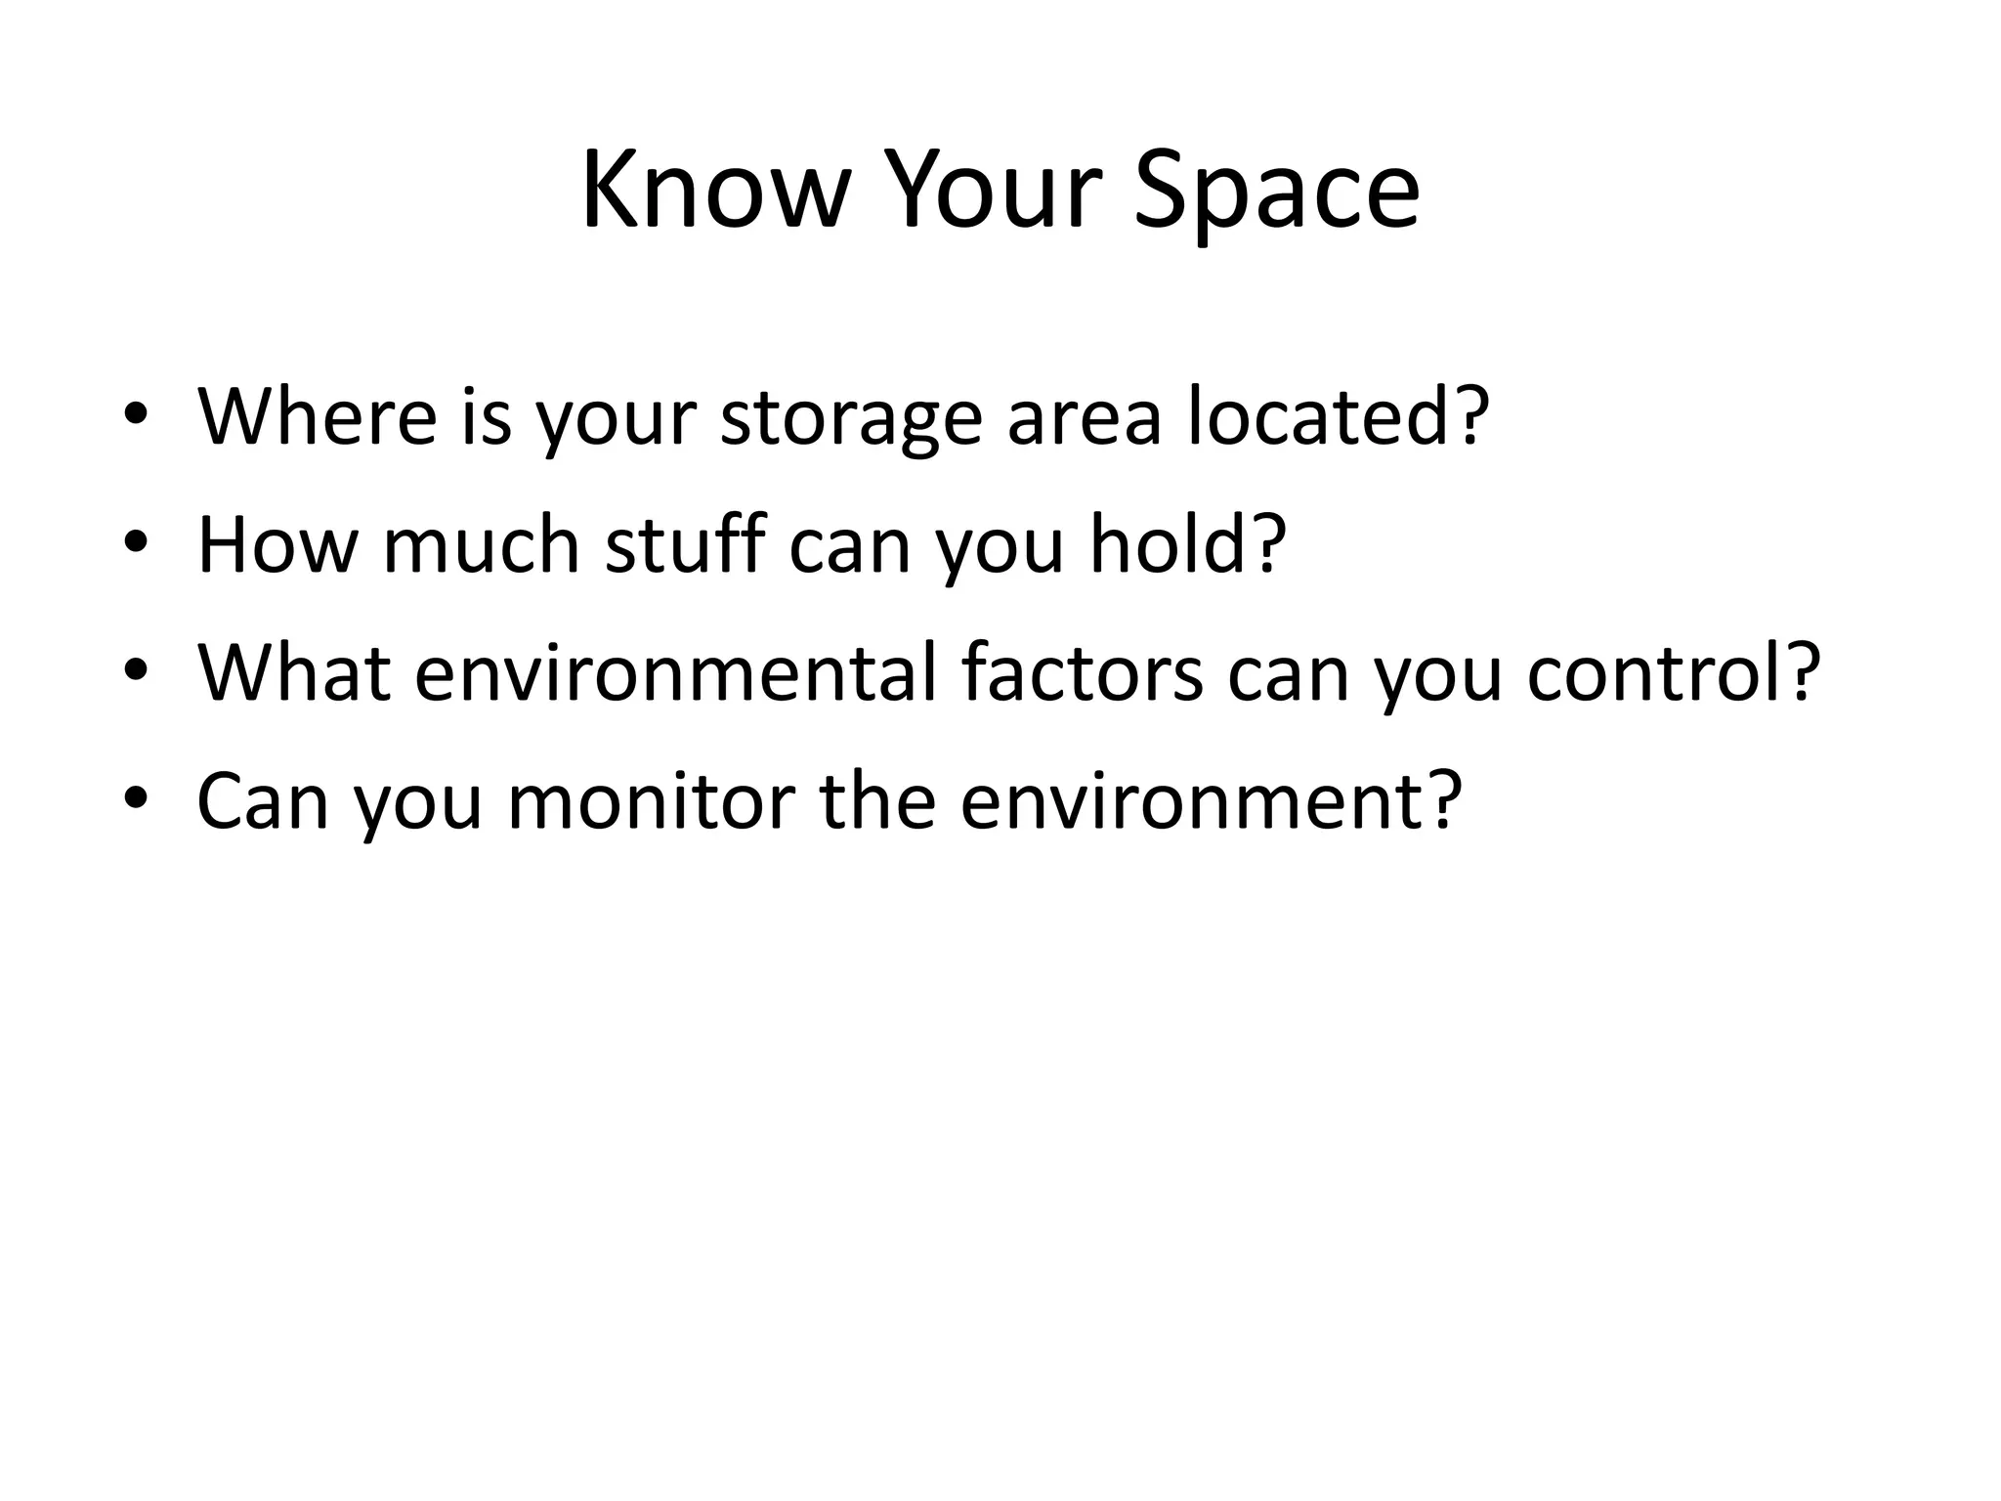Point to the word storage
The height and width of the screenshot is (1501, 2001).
[851, 417]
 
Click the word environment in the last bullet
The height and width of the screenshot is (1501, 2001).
[1197, 801]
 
